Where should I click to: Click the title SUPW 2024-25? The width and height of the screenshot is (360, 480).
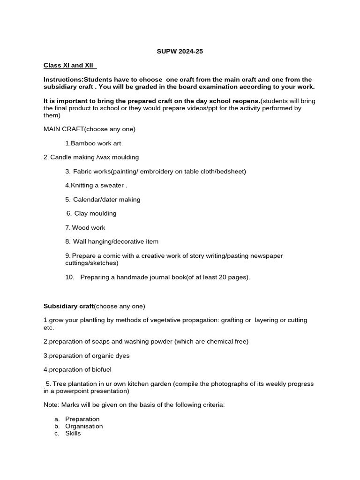pyautogui.click(x=180, y=52)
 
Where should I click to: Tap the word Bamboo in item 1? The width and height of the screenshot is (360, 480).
pyautogui.click(x=83, y=143)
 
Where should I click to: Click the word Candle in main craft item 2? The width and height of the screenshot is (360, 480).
pyautogui.click(x=60, y=157)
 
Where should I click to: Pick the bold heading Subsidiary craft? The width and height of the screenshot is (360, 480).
pyautogui.click(x=68, y=306)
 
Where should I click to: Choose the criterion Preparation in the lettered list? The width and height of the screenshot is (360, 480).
pyautogui.click(x=82, y=419)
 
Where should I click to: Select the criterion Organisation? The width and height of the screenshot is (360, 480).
pyautogui.click(x=84, y=426)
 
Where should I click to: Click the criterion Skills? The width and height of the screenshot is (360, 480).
pyautogui.click(x=73, y=433)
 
